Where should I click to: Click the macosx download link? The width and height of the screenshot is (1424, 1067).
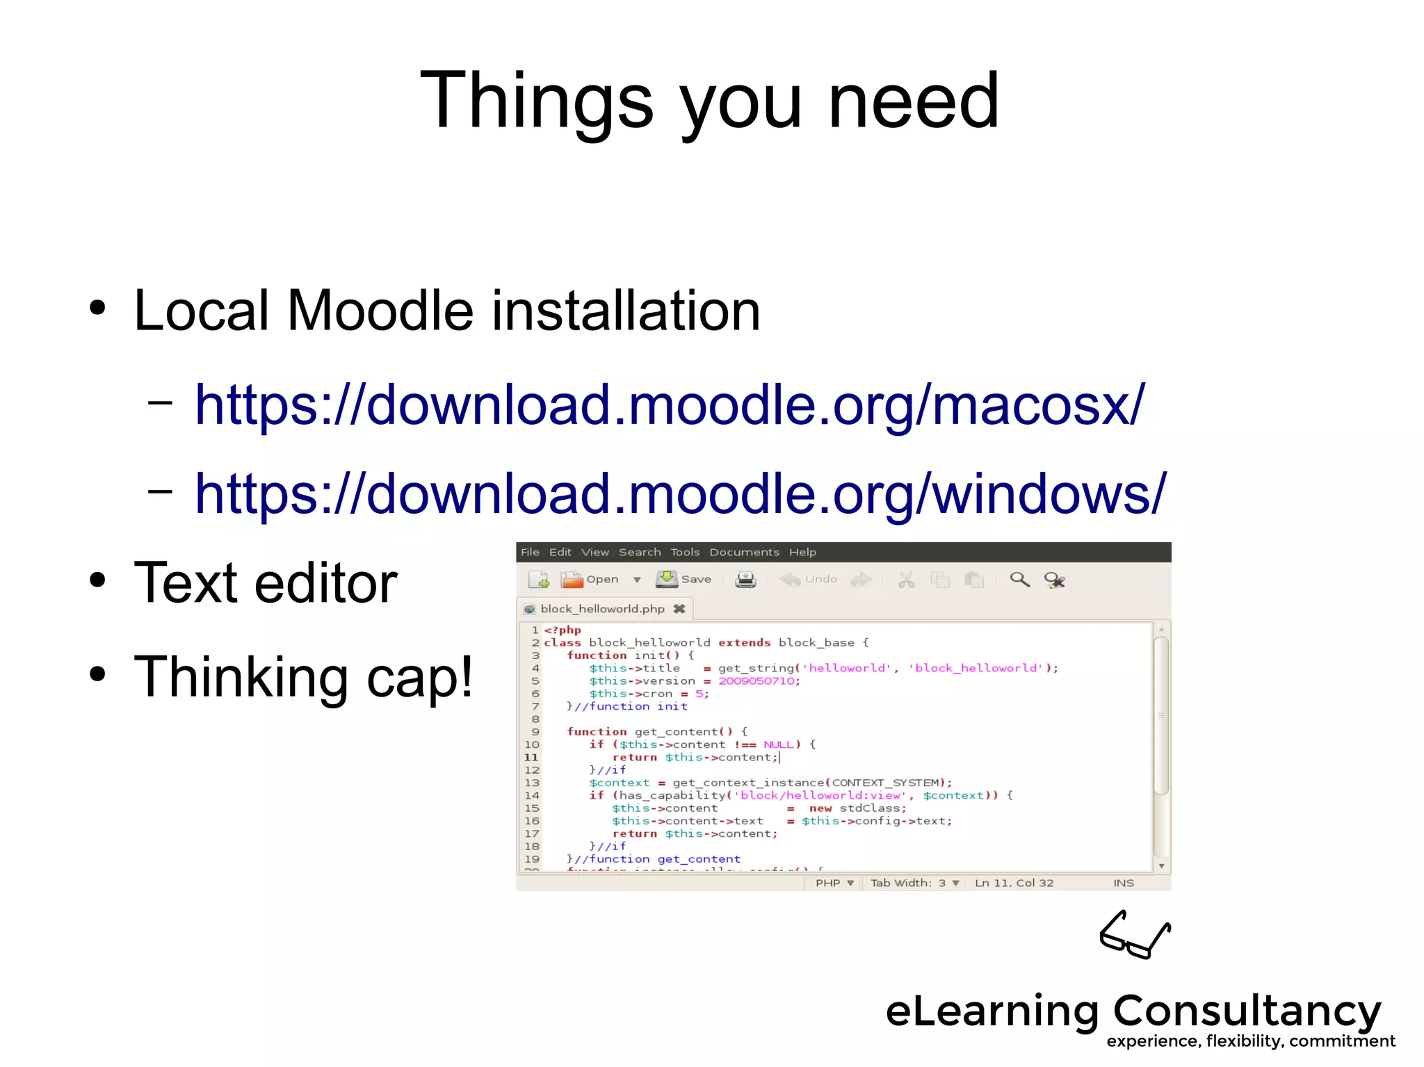pos(669,405)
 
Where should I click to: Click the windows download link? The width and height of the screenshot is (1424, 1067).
pos(680,494)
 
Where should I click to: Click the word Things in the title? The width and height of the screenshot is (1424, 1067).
pos(536,101)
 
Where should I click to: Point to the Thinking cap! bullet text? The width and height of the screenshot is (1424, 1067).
pos(303,677)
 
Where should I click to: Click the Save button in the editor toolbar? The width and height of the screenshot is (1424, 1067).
pos(683,579)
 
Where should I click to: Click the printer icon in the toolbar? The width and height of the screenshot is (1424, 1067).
pos(745,579)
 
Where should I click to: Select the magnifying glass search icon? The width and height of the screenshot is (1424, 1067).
pos(1019,579)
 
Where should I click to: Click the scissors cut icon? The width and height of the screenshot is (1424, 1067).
pos(906,580)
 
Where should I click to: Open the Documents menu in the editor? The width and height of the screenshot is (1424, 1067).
pos(744,552)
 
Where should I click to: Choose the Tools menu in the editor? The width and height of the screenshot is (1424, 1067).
pos(685,552)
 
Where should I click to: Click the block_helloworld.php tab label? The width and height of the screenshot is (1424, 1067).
pos(602,609)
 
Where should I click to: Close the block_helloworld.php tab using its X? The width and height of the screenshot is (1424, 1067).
pos(679,609)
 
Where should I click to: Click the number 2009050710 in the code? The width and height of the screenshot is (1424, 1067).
pos(756,681)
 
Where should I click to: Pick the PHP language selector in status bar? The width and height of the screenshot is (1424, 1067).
pos(834,883)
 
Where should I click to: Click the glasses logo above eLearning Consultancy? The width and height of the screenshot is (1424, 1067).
pos(1135,935)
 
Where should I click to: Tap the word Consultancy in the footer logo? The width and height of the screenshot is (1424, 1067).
pos(1247,1011)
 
